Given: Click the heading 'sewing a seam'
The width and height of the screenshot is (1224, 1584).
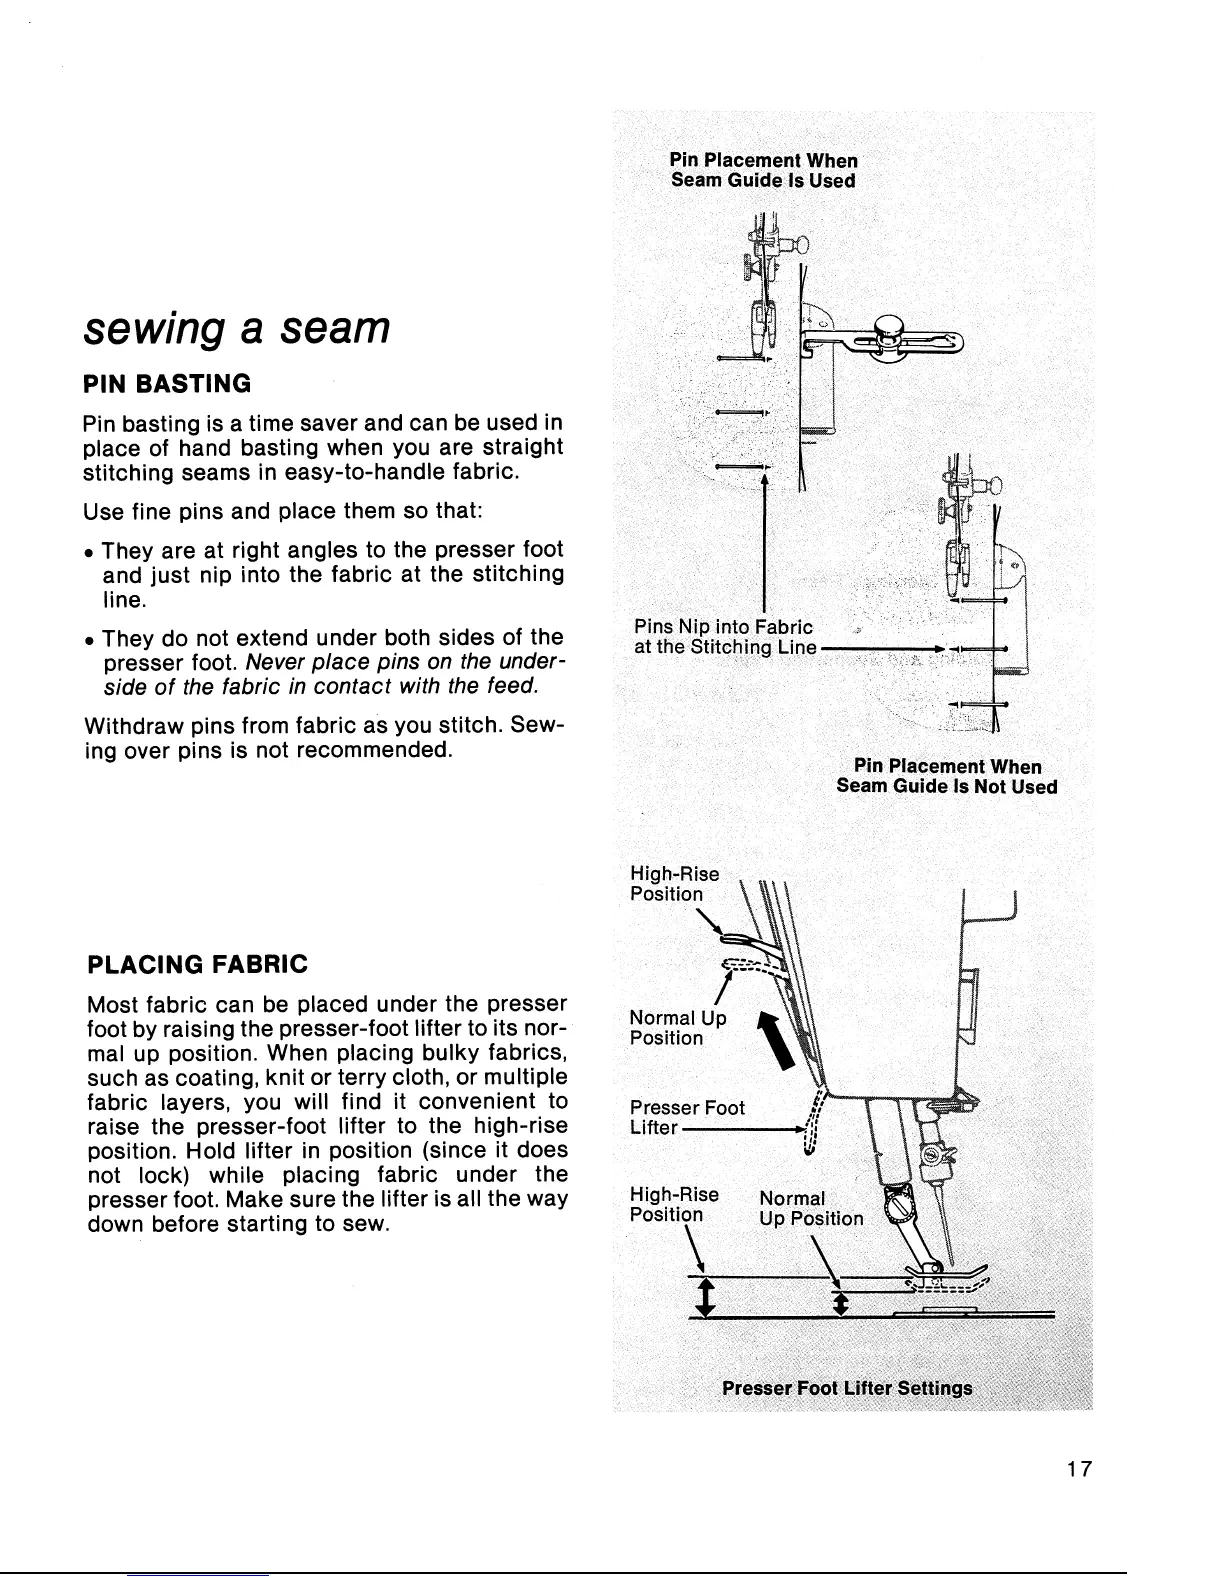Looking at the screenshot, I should pos(236,327).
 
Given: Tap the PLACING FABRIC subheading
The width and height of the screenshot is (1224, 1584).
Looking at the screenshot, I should pos(198,964).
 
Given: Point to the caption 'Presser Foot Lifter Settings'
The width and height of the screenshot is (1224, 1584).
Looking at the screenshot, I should pos(846,1389).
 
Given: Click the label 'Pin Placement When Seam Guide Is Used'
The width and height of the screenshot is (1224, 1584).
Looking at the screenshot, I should pos(763,170).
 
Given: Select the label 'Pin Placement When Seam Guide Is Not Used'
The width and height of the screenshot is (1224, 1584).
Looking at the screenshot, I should pos(946,776).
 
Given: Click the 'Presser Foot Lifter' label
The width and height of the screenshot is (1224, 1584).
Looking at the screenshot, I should pos(686,1117).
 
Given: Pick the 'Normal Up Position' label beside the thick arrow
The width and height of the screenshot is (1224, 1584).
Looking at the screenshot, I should pos(677,1027).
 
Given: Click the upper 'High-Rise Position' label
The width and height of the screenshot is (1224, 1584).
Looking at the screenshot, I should pos(673,884).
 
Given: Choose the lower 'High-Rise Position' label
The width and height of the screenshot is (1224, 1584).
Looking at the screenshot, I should pos(673,1204).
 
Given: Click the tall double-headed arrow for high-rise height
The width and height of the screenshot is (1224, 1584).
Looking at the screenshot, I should pos(706,1296).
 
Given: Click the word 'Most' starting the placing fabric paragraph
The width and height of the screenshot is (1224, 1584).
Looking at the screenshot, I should pos(111,1003).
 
